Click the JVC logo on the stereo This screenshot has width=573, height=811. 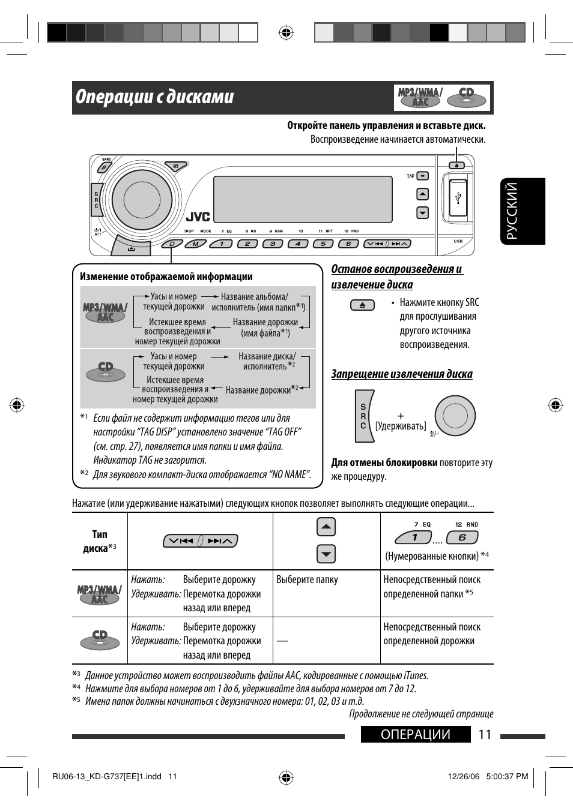(198, 217)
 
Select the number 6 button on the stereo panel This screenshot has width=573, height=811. (348, 244)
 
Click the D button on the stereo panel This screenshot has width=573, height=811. (172, 244)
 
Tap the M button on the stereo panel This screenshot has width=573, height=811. (195, 244)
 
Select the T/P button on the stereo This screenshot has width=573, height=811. (423, 176)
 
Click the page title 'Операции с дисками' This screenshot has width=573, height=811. (155, 97)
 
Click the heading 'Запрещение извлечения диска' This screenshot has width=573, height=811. (402, 374)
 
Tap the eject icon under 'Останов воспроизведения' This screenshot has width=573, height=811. (362, 305)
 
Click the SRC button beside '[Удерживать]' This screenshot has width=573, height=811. (363, 416)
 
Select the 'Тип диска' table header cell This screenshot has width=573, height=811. (100, 541)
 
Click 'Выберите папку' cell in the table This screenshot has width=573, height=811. (307, 579)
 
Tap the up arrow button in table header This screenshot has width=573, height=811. (326, 527)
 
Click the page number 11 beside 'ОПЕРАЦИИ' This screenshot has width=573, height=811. (485, 735)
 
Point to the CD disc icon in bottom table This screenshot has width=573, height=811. (100, 639)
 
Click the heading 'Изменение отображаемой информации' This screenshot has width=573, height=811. (166, 277)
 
